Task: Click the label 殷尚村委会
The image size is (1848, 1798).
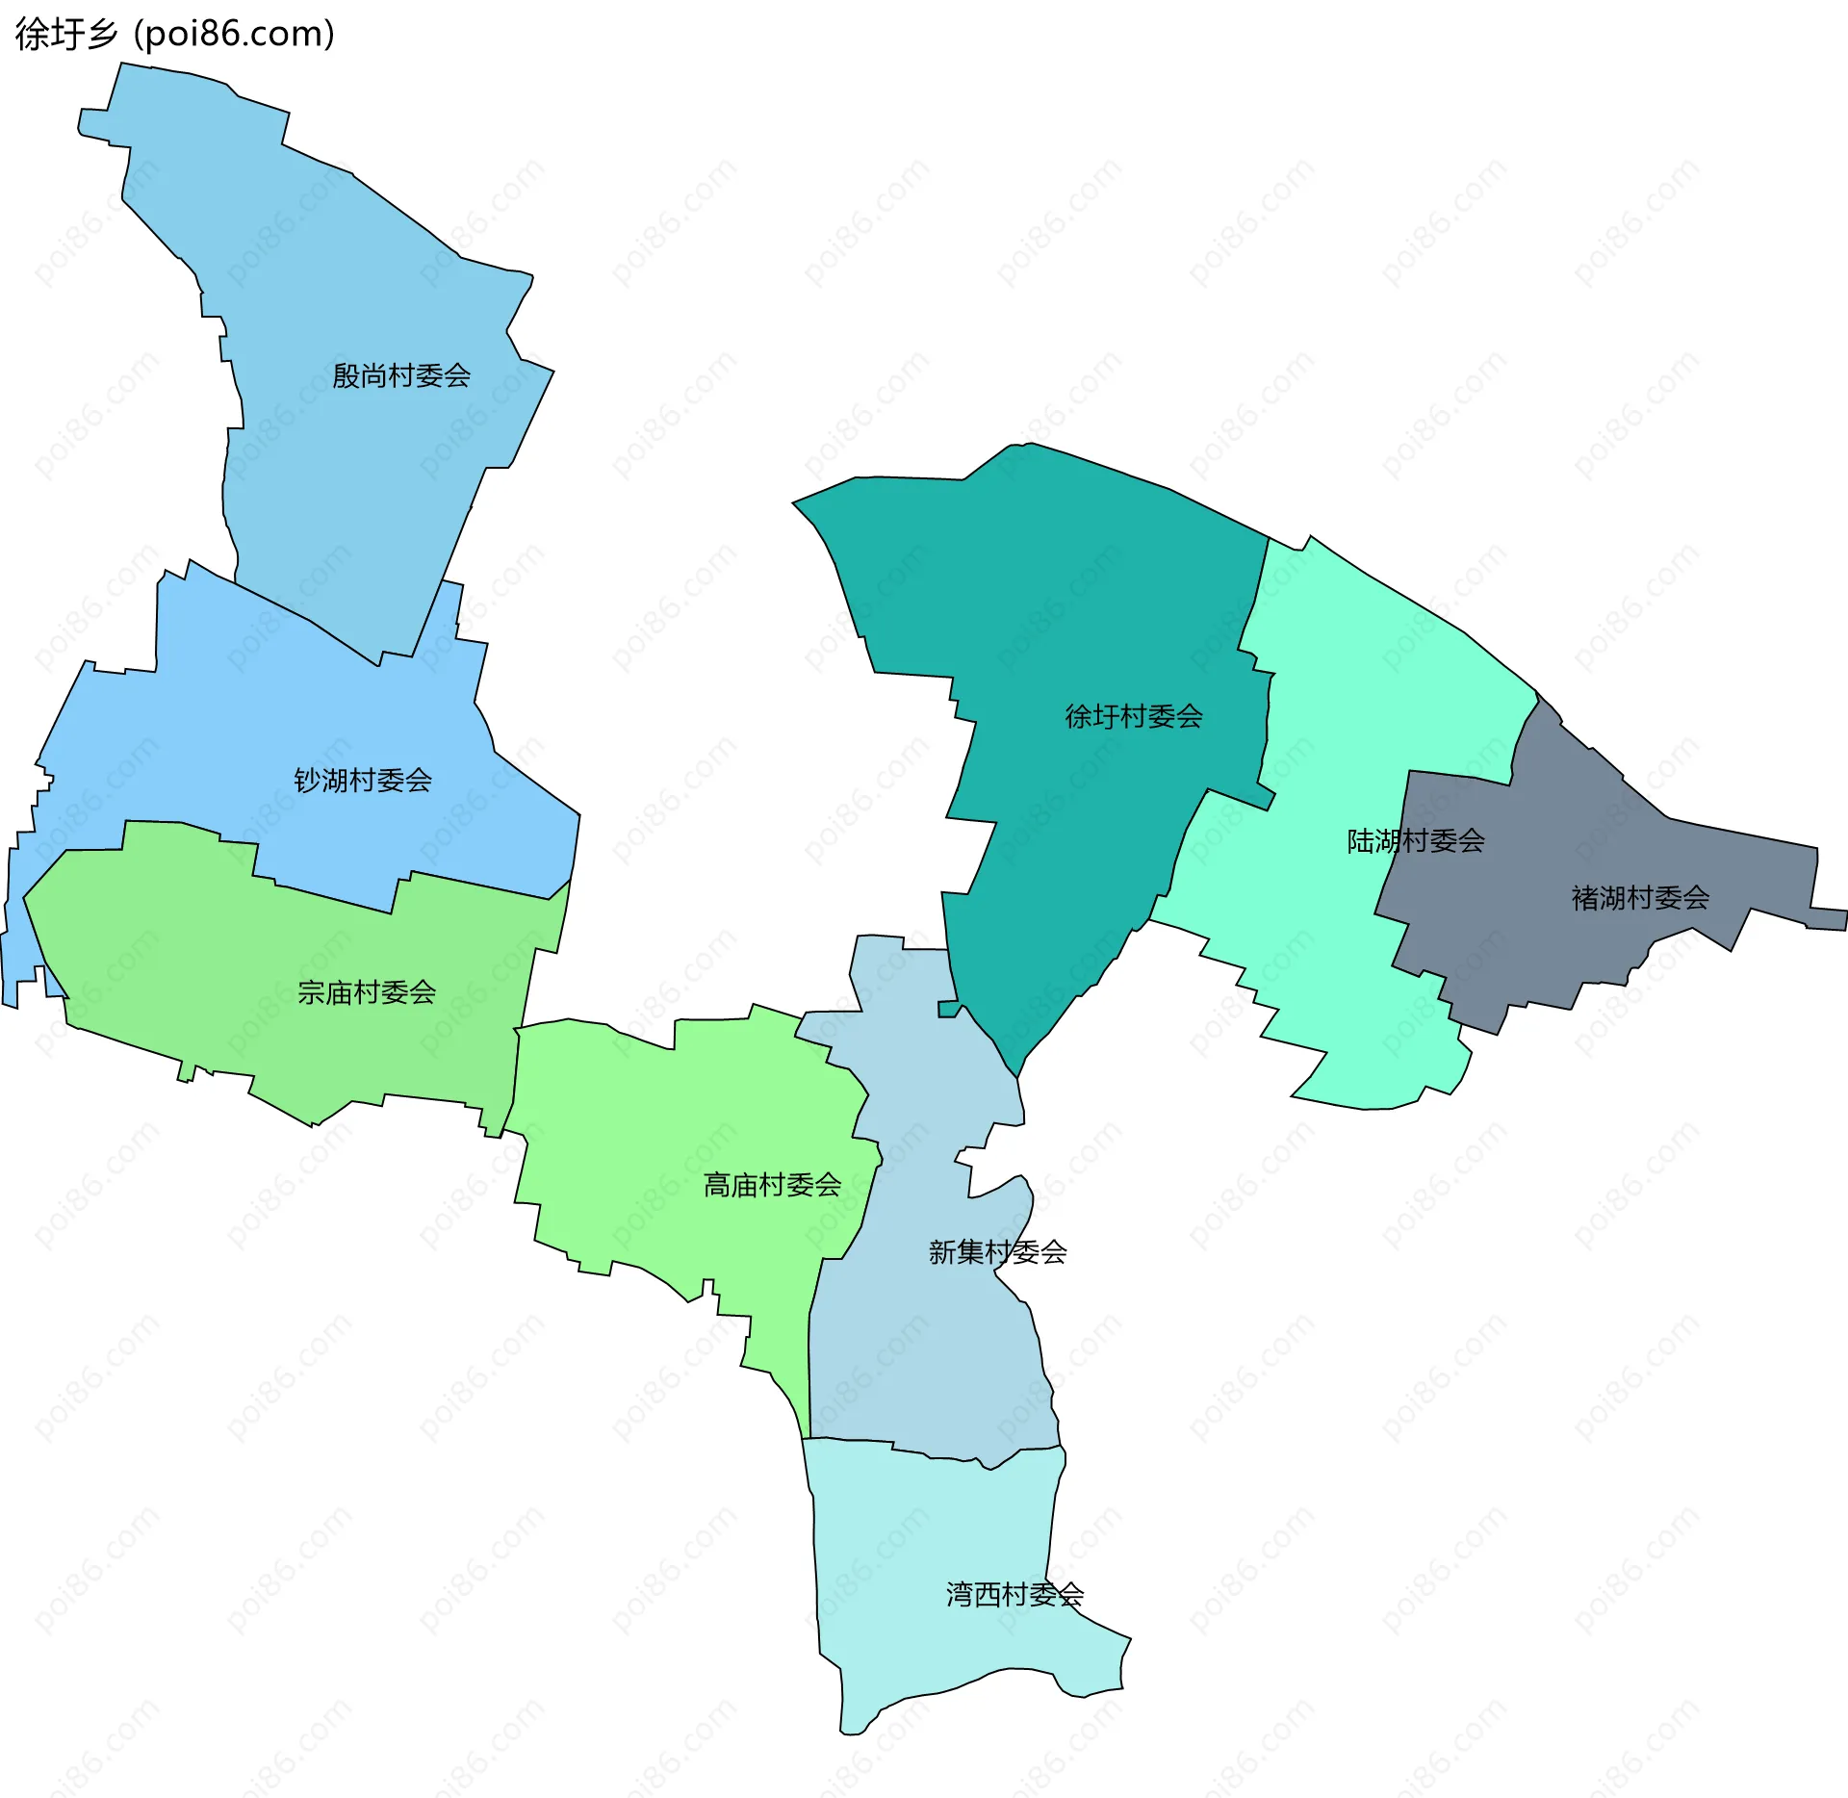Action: tap(401, 375)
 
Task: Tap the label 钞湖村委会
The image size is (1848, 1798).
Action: tap(363, 780)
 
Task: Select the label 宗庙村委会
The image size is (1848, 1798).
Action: tap(367, 992)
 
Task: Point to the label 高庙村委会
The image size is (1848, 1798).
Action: tap(772, 1185)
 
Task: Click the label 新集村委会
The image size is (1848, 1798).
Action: tap(997, 1252)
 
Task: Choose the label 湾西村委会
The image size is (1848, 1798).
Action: tap(1014, 1595)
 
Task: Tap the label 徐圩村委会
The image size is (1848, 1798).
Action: tap(1134, 716)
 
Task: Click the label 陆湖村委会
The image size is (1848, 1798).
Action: tap(1415, 841)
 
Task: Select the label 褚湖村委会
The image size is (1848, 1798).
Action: tap(1640, 898)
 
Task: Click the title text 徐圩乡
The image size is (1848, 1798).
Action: tap(66, 35)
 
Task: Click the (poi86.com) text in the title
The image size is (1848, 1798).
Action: tap(235, 35)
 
